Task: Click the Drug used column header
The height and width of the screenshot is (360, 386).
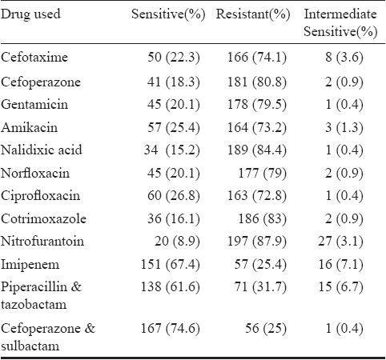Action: tap(30, 14)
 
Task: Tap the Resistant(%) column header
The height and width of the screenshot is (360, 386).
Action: tap(253, 14)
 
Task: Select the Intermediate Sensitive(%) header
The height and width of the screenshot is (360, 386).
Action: tap(340, 22)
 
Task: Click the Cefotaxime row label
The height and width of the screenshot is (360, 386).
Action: tap(34, 57)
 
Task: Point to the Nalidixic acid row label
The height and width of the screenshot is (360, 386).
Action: tap(41, 150)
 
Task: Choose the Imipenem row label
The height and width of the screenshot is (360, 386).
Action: tap(30, 265)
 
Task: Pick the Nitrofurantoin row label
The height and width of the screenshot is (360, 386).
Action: tap(42, 242)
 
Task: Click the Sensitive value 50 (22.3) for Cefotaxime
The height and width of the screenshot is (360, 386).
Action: tap(174, 58)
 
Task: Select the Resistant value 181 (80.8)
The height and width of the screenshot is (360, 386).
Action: tap(257, 82)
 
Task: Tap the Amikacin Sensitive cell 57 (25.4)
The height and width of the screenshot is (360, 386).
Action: tap(174, 127)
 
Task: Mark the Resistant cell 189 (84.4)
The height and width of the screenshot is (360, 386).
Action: tap(257, 150)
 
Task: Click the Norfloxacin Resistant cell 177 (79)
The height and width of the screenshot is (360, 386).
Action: tap(263, 173)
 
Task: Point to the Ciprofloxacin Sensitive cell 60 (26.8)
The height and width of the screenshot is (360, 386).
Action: tap(174, 196)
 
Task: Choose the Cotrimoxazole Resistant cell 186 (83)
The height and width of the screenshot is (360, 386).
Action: tap(263, 219)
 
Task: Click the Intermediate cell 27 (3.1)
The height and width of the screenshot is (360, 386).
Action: tap(340, 242)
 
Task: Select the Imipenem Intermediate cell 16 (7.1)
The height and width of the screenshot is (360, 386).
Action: tap(341, 265)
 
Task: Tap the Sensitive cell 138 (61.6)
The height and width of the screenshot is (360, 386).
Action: tap(171, 287)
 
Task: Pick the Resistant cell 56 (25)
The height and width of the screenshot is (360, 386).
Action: tap(266, 328)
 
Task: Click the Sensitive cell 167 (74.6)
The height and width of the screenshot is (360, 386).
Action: tap(171, 328)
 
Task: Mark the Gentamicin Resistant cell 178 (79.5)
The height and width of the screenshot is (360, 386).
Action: tap(257, 104)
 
